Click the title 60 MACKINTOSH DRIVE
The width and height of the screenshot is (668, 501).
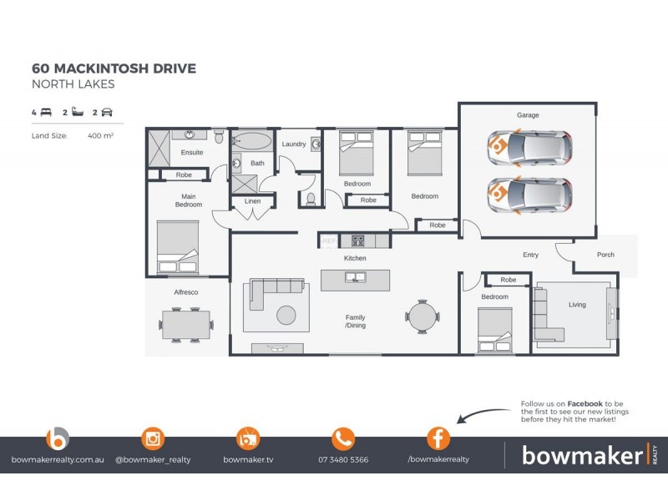point(114,68)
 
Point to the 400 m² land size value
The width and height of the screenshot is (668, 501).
point(100,134)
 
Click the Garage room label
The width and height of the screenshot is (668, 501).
point(527,114)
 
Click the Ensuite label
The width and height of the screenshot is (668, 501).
point(192,152)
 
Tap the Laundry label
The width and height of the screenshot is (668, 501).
point(293,144)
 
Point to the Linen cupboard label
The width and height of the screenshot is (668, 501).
point(252,201)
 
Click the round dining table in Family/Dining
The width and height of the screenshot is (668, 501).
point(421,316)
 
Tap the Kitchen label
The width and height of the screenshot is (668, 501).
point(356,258)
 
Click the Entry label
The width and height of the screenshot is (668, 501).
point(530,255)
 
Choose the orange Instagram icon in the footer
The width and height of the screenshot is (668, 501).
point(153,438)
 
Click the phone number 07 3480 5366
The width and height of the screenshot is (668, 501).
point(343,460)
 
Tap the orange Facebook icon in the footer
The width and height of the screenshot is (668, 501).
point(438,438)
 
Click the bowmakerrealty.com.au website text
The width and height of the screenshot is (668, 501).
point(58,460)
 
